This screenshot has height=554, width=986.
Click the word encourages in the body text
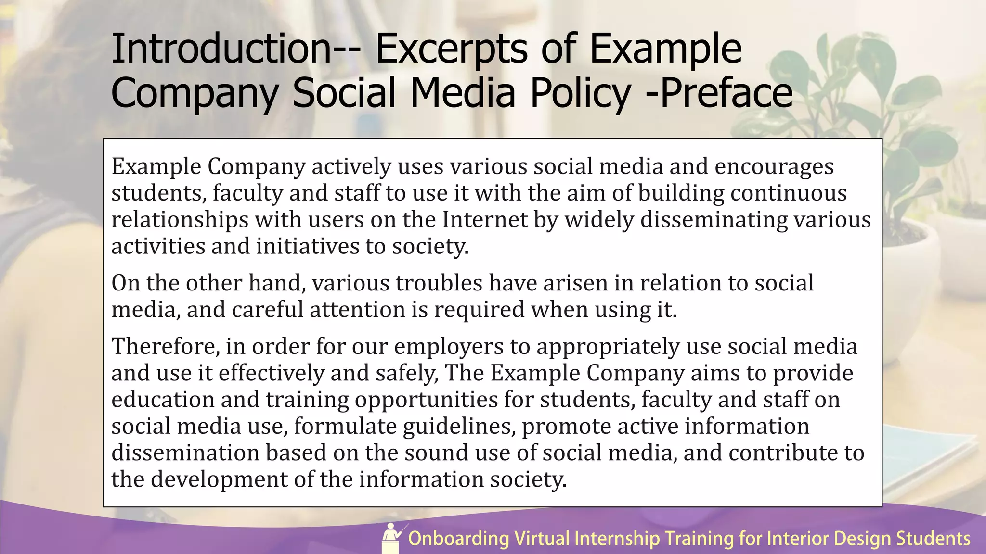(x=774, y=167)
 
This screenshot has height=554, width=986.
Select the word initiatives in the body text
(x=307, y=247)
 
